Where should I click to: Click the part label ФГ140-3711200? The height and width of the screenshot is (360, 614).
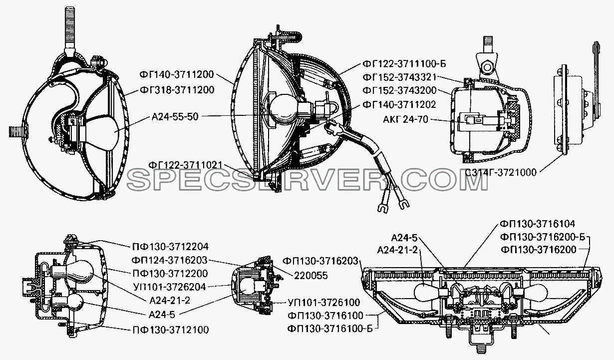click(x=177, y=74)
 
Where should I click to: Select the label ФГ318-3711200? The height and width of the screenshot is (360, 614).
click(x=177, y=90)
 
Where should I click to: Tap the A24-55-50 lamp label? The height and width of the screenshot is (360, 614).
click(x=175, y=116)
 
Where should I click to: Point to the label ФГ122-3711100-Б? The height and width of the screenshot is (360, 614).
click(x=404, y=64)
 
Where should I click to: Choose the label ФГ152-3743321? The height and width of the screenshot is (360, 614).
click(x=399, y=77)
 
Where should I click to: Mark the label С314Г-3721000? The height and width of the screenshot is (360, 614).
click(x=501, y=172)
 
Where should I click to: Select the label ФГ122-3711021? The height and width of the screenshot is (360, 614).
click(x=185, y=165)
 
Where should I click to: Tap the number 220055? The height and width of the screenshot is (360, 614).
click(x=310, y=276)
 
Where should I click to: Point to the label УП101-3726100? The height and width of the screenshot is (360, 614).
click(x=324, y=302)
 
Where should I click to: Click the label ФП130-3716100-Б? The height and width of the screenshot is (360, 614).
click(x=330, y=329)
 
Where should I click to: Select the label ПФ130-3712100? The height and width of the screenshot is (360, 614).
click(x=171, y=330)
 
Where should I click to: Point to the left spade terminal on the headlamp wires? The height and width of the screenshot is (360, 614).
click(x=383, y=208)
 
